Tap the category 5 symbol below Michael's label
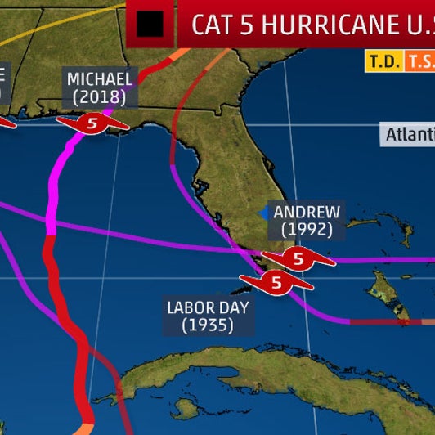[x=92, y=124]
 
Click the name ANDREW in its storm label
[x=307, y=212]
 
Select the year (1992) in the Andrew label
[x=307, y=230]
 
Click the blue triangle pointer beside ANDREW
[x=264, y=213]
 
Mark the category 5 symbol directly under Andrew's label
[x=298, y=259]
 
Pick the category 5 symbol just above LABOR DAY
[x=276, y=283]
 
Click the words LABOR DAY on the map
[x=208, y=307]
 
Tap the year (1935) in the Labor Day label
[x=208, y=325]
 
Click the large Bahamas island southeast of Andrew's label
[x=383, y=286]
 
